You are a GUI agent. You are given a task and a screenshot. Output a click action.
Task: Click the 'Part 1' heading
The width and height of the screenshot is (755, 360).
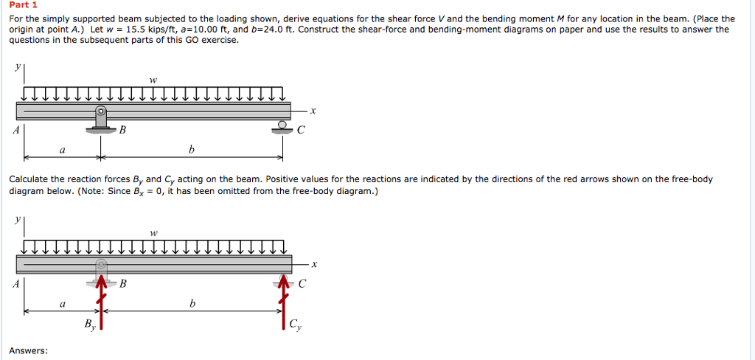tap(23, 5)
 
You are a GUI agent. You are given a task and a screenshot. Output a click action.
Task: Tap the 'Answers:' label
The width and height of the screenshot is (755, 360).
tap(29, 350)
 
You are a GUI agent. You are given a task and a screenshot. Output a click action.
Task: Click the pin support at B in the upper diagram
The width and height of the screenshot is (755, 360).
tap(101, 120)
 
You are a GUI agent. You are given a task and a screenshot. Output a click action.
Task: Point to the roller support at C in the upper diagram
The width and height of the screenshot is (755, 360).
tap(282, 126)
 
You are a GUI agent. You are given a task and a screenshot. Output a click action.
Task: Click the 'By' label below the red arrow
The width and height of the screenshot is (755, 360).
tap(89, 324)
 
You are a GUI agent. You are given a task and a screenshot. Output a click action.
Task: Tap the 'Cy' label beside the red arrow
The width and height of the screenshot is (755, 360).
tap(295, 323)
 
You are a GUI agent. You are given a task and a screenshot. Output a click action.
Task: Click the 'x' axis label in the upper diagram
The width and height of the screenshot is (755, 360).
tap(313, 111)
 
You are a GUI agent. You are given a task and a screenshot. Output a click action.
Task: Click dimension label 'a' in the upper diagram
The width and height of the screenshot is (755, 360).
tap(62, 150)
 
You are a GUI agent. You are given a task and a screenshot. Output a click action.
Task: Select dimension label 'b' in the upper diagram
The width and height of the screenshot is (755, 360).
tap(192, 150)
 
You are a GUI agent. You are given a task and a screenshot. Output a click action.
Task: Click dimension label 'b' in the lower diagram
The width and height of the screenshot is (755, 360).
tap(192, 303)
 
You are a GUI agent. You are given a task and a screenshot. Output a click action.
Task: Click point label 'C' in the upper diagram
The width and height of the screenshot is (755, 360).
tap(300, 131)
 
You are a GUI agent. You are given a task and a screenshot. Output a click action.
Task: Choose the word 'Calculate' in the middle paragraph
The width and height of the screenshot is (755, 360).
tap(30, 179)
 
